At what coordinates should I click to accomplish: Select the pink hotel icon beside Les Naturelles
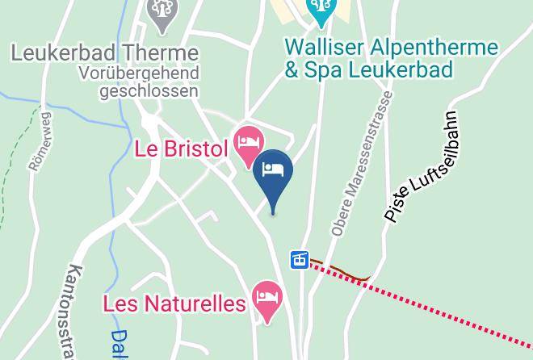pyautogui.click(x=266, y=298)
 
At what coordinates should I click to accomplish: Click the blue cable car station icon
pyautogui.click(x=300, y=260)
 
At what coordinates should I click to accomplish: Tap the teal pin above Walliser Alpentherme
pyautogui.click(x=321, y=10)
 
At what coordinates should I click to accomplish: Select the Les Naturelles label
pyautogui.click(x=174, y=303)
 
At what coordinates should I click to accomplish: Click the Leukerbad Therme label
pyautogui.click(x=105, y=53)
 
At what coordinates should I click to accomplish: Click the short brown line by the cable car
pyautogui.click(x=339, y=270)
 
